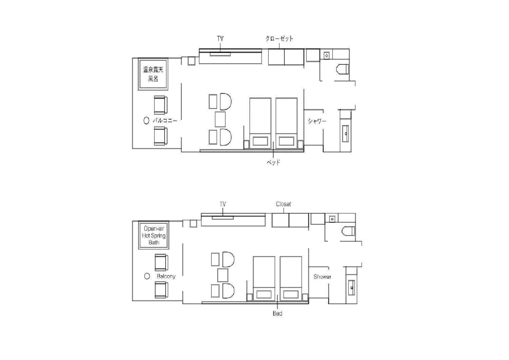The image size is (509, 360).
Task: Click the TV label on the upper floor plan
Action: pos(220,39)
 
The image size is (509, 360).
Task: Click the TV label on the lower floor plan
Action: pos(223,204)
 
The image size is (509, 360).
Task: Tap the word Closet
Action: pos(283,204)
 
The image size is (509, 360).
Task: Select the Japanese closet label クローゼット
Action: pos(279,39)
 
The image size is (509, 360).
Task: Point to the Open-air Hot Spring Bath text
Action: pos(154,235)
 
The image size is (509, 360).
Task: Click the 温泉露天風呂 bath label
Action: pos(153,74)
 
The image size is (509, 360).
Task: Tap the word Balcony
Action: pos(166,276)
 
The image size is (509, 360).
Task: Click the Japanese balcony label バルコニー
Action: pos(165,120)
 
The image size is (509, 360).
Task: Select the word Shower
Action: pos(322,276)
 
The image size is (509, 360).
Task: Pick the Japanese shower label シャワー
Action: pos(317,121)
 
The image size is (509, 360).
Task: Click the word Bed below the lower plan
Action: pos(278,313)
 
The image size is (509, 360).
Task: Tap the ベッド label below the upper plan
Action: pos(274,162)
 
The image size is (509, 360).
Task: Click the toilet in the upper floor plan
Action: pos(342,69)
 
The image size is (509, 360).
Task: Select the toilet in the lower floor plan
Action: pos(348,231)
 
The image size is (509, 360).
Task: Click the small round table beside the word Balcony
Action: pos(147,276)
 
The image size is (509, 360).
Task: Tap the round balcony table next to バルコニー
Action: pos(146,120)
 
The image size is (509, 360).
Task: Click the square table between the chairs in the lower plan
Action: pos(223,275)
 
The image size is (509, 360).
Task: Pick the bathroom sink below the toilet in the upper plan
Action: pos(345,134)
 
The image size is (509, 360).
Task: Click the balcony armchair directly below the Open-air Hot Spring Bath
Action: pos(161,263)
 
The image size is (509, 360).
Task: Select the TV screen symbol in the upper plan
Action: pos(220,54)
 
